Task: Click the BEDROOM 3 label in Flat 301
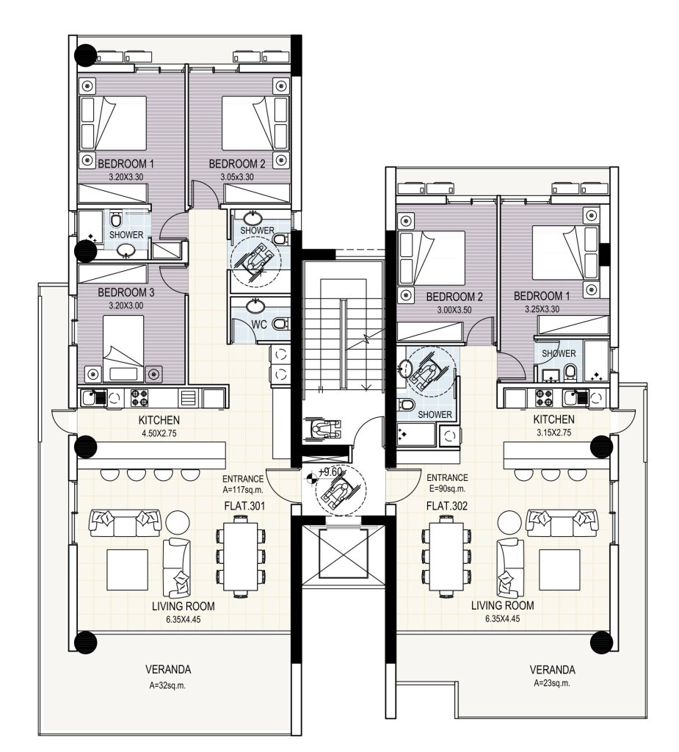point(126,292)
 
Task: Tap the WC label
point(259,324)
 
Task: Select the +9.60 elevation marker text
point(331,472)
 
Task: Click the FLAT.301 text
point(244,506)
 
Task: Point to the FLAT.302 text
point(446,506)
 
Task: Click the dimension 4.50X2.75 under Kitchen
point(159,433)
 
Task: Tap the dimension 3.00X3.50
point(454,310)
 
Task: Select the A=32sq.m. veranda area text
point(167,686)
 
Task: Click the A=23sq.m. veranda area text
point(552,684)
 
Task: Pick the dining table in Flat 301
point(242,556)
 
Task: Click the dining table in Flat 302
point(447,556)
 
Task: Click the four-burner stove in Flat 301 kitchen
point(139,398)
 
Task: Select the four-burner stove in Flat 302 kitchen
point(545,397)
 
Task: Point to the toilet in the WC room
point(280,325)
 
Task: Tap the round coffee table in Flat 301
point(178,523)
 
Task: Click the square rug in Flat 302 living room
point(559,570)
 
